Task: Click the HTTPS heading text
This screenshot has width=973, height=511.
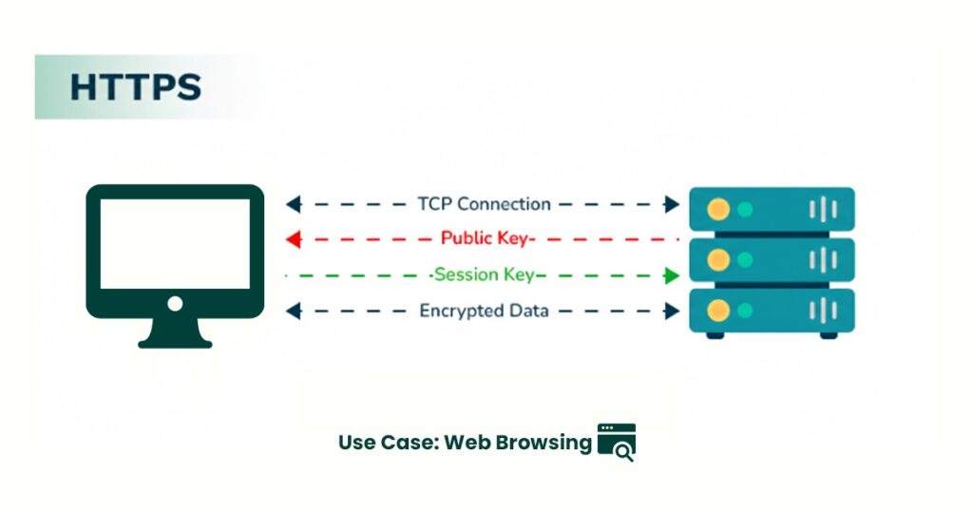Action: (135, 86)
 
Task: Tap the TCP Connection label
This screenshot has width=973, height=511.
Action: (484, 204)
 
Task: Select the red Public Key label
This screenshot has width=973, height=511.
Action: (487, 238)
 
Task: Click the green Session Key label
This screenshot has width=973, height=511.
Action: (484, 275)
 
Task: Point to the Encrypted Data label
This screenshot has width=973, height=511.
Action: (484, 311)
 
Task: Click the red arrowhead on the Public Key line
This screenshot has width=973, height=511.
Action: (294, 239)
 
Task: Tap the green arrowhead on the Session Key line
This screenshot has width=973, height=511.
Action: (672, 275)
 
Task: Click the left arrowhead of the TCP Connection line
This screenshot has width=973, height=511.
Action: (294, 204)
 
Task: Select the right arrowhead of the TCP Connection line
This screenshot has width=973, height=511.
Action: (673, 204)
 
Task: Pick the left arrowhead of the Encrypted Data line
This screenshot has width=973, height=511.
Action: (294, 311)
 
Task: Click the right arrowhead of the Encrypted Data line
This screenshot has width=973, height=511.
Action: (673, 311)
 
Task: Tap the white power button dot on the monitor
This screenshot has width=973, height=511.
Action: (175, 304)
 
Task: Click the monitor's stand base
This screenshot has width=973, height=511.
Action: (175, 340)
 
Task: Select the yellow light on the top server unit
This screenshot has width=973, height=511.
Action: (718, 209)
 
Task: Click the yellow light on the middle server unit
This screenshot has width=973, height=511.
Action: (718, 259)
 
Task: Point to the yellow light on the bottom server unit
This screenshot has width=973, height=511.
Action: (718, 309)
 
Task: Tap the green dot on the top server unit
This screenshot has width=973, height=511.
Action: (745, 209)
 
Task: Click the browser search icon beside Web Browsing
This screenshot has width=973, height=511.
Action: (617, 443)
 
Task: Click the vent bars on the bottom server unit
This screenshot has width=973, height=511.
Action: (823, 310)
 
